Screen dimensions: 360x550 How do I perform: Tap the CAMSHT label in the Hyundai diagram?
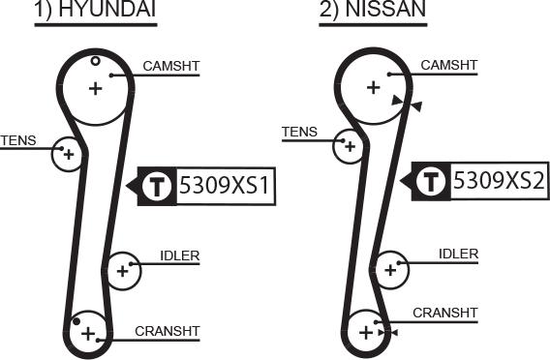pyautogui.click(x=170, y=67)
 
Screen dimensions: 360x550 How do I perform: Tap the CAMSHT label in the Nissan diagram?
pyautogui.click(x=449, y=65)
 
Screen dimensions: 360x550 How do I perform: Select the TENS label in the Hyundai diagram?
pyautogui.click(x=17, y=140)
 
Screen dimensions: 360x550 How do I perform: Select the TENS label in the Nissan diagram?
pyautogui.click(x=298, y=132)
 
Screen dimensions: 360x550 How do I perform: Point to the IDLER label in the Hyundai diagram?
pyautogui.click(x=179, y=256)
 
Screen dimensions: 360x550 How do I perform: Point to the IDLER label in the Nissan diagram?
pyautogui.click(x=458, y=254)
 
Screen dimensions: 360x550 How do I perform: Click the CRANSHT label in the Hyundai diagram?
pyautogui.click(x=167, y=331)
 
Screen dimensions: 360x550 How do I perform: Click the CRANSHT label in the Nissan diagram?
pyautogui.click(x=445, y=313)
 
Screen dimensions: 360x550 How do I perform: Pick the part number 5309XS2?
pyautogui.click(x=500, y=180)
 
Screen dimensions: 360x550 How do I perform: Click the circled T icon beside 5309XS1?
pyautogui.click(x=157, y=186)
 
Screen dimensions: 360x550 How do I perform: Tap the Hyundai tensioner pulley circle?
pyautogui.click(x=68, y=154)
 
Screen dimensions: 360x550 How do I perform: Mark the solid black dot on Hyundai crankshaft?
pyautogui.click(x=76, y=320)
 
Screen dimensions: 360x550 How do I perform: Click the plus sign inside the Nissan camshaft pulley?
pyautogui.click(x=374, y=86)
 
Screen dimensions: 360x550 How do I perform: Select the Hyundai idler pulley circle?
pyautogui.click(x=122, y=271)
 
